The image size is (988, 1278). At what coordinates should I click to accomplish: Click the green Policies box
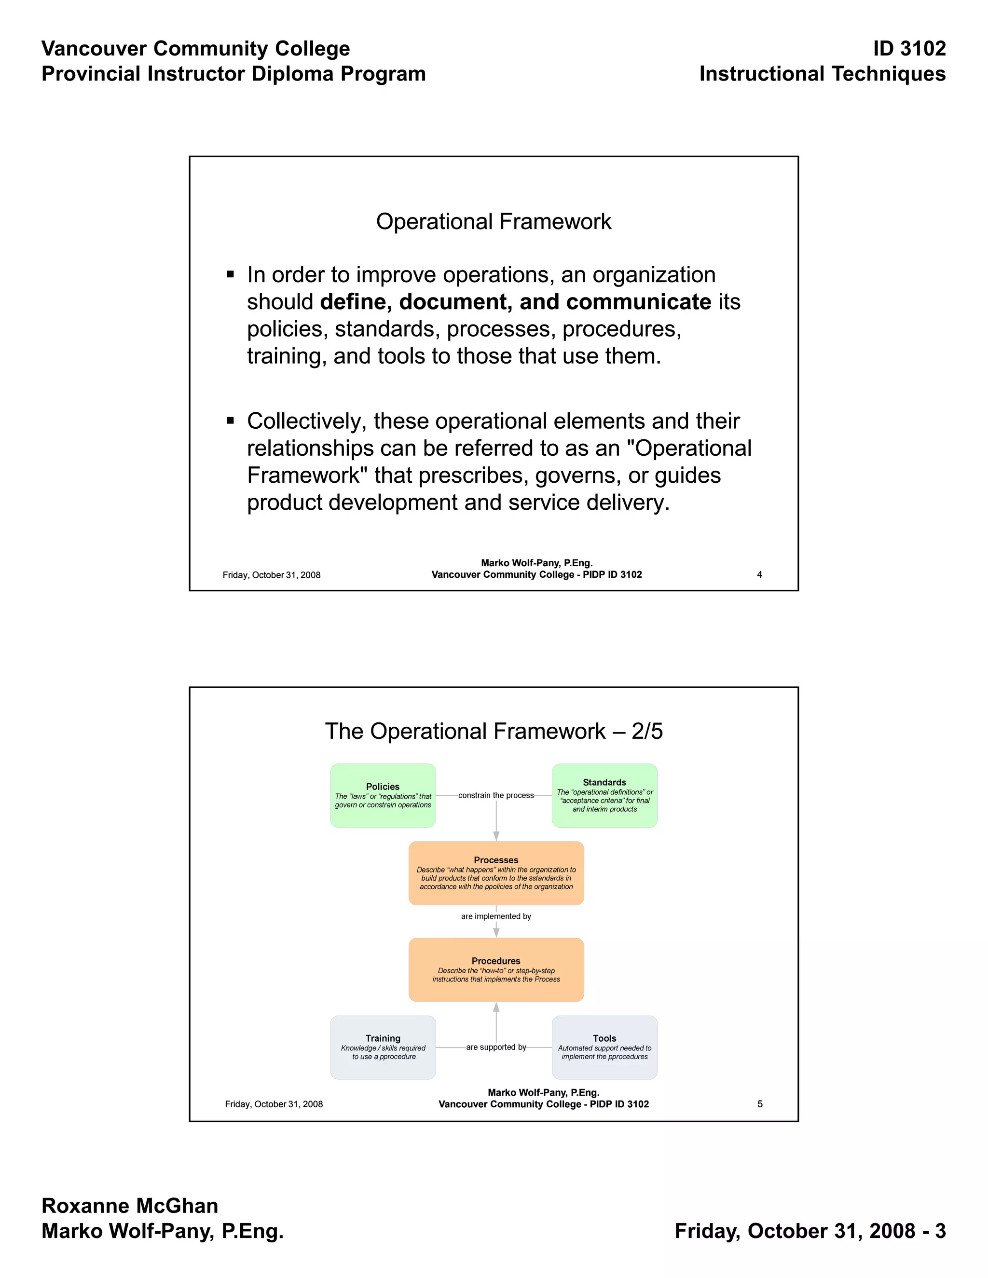tap(383, 795)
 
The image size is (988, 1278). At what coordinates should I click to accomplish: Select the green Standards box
tap(604, 795)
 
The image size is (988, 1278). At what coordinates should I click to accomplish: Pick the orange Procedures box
tap(496, 970)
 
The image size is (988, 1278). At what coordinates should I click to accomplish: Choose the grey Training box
tap(383, 1047)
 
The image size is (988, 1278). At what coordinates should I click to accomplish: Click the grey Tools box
tap(604, 1047)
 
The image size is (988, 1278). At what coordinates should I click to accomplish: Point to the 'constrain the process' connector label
tap(496, 795)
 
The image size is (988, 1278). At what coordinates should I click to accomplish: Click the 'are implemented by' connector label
tap(496, 916)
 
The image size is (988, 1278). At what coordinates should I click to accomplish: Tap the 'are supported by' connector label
tap(496, 1047)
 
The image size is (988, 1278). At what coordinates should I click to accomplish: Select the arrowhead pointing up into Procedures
tap(496, 1007)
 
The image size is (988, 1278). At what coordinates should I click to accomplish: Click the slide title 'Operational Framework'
tap(494, 222)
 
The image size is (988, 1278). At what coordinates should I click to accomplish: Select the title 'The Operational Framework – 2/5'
tap(494, 732)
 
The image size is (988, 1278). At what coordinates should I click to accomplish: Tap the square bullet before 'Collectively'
tap(231, 420)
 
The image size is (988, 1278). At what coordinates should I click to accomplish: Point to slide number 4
tap(759, 575)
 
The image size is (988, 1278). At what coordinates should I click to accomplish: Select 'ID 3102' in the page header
tap(909, 49)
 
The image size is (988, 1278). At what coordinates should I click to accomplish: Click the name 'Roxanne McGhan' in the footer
tap(130, 1206)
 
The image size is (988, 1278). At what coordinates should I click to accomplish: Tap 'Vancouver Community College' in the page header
tap(195, 49)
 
